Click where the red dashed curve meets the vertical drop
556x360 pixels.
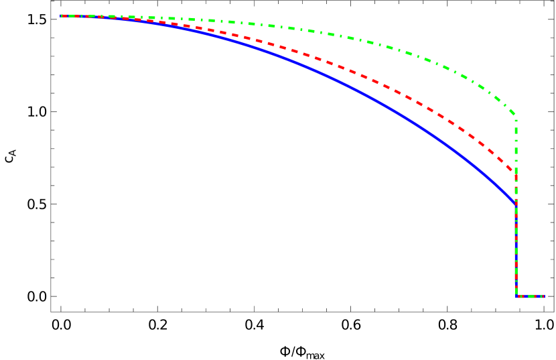pos(516,172)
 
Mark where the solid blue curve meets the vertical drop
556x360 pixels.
pos(516,203)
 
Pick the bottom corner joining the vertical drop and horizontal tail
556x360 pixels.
pos(516,296)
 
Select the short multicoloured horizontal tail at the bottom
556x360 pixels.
pos(530,296)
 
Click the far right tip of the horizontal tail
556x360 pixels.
pos(544,296)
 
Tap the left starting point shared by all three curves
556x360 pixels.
pos(62,16)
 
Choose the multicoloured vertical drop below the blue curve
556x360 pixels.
pos(516,248)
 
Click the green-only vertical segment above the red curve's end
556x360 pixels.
pos(516,144)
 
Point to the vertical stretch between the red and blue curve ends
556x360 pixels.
pos(516,188)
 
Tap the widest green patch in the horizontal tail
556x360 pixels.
pos(533,296)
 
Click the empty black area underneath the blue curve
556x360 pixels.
pos(268,201)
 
